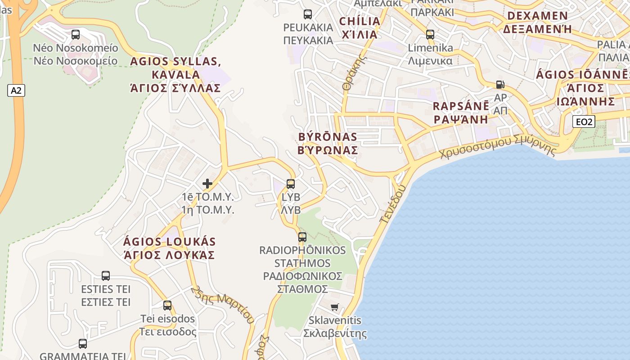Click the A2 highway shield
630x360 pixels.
pos(16,90)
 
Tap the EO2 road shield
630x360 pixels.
pos(584,121)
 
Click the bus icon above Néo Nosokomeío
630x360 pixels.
pos(76,35)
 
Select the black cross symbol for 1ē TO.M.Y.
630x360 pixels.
pos(207,184)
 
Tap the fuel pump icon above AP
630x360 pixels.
pos(500,85)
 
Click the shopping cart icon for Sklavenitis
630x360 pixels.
pos(334,307)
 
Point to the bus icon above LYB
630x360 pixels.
pos(291,184)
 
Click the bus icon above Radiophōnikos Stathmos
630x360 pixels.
pos(302,237)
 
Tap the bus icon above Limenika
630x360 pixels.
pos(430,35)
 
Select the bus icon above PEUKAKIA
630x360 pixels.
pos(308,14)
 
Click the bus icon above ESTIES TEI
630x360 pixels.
pos(106,276)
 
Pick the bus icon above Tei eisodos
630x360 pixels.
pos(167,306)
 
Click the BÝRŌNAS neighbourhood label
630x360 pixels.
pos(328,137)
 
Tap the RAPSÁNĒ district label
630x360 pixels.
pos(461,107)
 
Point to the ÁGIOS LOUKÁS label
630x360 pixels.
pos(169,242)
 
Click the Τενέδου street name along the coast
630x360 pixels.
pos(393,204)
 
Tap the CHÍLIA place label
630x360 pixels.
pos(360,21)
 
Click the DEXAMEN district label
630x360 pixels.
pos(537,16)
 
